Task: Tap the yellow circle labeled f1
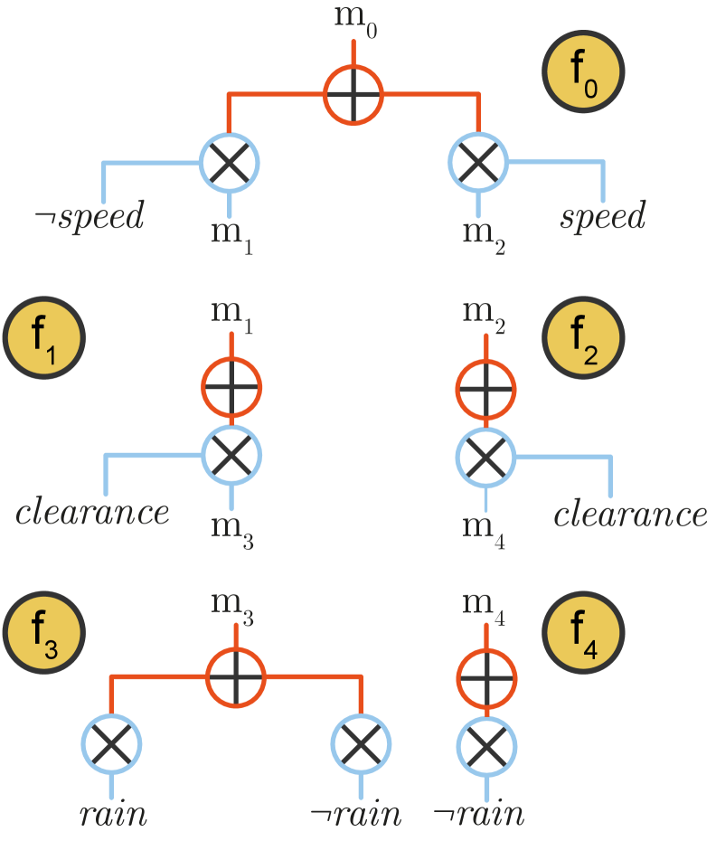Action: point(44,341)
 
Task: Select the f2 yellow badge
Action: point(583,341)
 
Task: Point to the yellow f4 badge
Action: point(583,630)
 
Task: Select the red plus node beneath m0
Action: point(354,94)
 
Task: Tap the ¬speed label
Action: point(89,217)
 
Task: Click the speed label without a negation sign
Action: point(603,217)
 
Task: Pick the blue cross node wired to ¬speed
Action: point(230,163)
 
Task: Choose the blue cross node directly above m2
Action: point(478,163)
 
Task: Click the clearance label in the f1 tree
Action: point(92,512)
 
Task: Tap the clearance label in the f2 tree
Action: point(630,514)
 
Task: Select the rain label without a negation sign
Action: point(112,814)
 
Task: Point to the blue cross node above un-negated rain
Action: point(111,744)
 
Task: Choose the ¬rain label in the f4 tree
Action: point(478,814)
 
